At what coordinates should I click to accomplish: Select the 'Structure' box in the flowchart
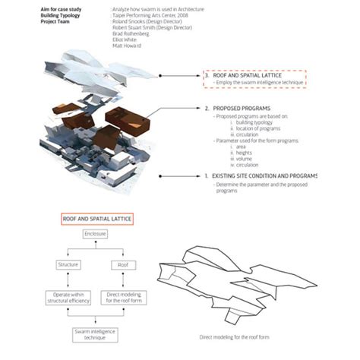(x=68, y=264)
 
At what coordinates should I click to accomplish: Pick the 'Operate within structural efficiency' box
(x=68, y=299)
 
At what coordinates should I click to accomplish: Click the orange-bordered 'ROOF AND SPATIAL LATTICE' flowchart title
(x=96, y=219)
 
